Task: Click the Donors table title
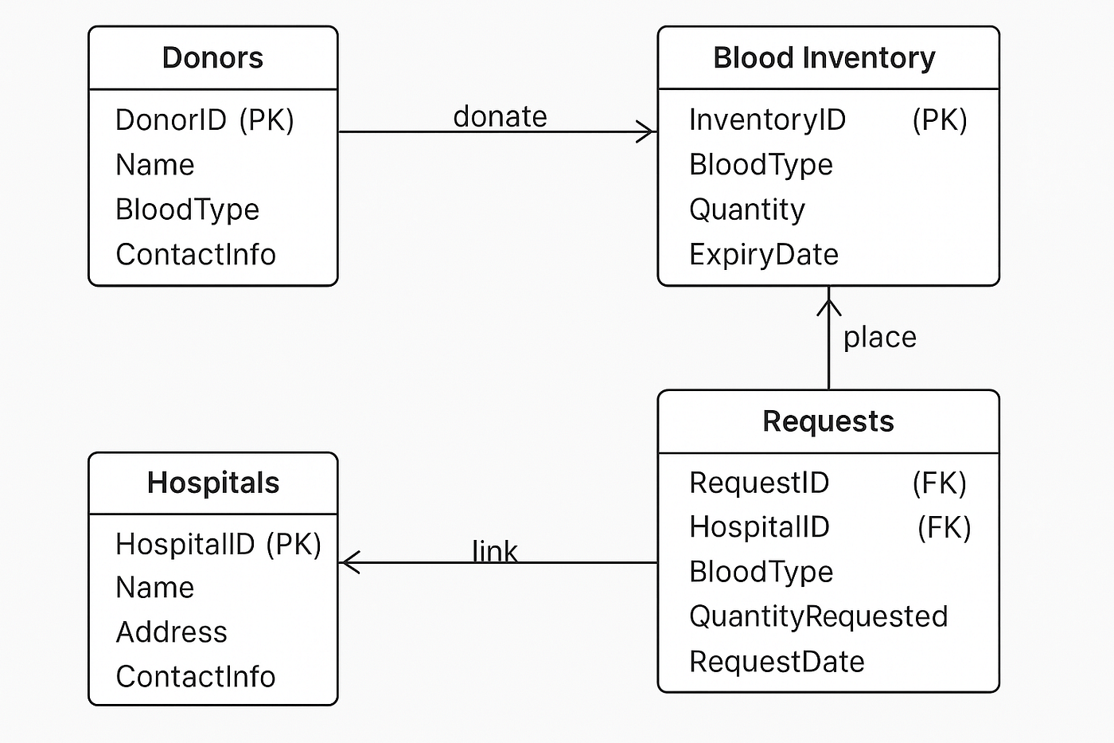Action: [212, 57]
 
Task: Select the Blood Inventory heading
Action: [824, 57]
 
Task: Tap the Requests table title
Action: [828, 421]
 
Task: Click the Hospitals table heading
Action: [213, 483]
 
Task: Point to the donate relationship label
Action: [501, 116]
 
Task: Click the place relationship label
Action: [880, 338]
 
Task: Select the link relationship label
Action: [495, 551]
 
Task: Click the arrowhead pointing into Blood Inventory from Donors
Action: [646, 132]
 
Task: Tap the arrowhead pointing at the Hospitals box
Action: [349, 563]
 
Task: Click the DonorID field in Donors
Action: [171, 120]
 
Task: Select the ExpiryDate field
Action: [764, 255]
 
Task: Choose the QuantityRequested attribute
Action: [819, 616]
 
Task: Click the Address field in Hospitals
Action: [172, 632]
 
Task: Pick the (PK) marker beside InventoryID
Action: [940, 120]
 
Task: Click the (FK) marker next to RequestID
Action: [940, 483]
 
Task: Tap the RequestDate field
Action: [777, 662]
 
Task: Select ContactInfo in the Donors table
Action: [196, 254]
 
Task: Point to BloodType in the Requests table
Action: [761, 572]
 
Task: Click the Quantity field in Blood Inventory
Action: [747, 209]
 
